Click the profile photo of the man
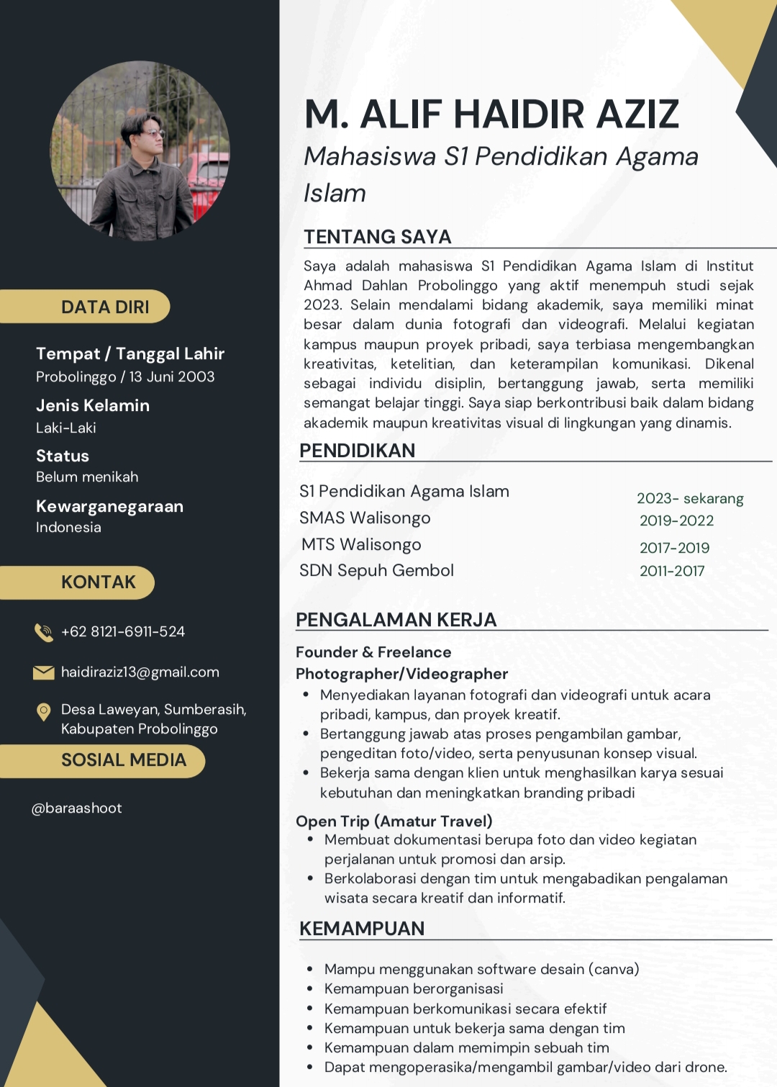click(x=140, y=150)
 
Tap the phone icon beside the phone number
click(x=44, y=632)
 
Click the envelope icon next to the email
click(x=44, y=672)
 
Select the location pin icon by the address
click(x=44, y=712)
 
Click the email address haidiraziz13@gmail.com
click(x=140, y=672)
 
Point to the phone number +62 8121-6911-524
click(x=123, y=632)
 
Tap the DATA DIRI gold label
click(x=105, y=307)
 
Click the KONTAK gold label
click(x=99, y=582)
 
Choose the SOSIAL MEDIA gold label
click(x=123, y=760)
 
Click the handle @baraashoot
click(x=77, y=808)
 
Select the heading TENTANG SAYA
click(x=378, y=237)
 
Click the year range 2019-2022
click(x=677, y=520)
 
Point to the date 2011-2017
click(x=672, y=571)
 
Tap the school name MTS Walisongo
click(x=361, y=545)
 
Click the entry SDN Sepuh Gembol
click(x=376, y=571)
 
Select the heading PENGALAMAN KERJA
click(x=396, y=620)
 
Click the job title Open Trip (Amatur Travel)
click(x=394, y=821)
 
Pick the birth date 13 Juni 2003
click(x=172, y=376)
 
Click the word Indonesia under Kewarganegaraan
click(x=69, y=528)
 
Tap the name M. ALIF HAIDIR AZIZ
click(x=492, y=114)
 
